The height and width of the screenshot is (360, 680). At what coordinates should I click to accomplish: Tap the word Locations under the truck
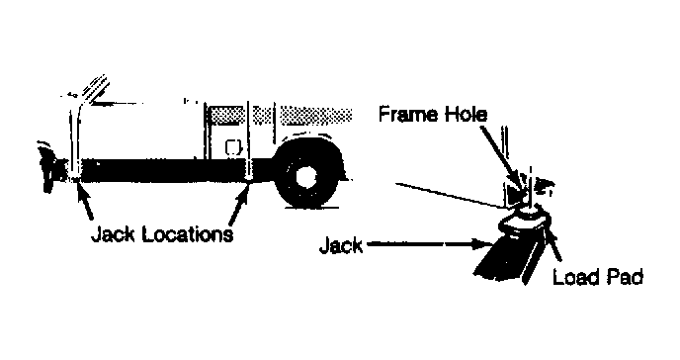click(x=188, y=234)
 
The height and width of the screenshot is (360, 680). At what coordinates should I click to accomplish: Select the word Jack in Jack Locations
click(x=114, y=234)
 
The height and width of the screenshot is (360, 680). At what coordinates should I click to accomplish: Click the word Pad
click(x=624, y=277)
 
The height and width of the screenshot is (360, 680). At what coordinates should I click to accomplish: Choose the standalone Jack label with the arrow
click(x=341, y=245)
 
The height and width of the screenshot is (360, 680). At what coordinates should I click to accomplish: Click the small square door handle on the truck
click(x=233, y=147)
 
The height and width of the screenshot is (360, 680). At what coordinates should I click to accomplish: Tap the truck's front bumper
click(x=49, y=169)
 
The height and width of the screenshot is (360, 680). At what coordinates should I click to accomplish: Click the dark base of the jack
click(x=507, y=259)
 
